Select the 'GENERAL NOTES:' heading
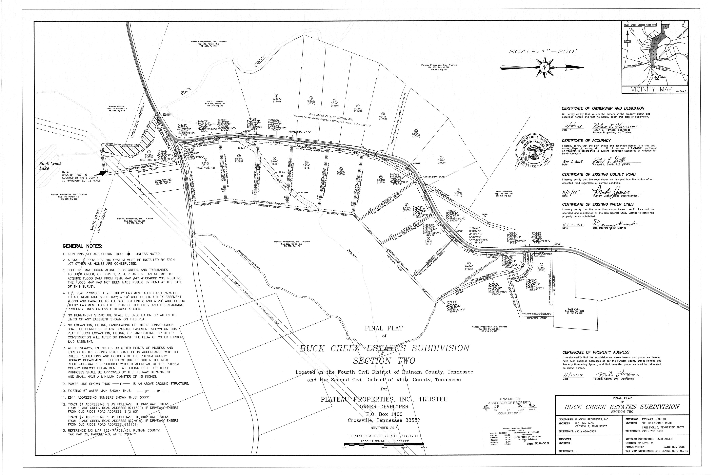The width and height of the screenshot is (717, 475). tap(82, 246)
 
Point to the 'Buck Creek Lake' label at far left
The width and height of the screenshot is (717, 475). tap(50, 166)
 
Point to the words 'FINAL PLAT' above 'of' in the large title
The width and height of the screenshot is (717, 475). tap(384, 328)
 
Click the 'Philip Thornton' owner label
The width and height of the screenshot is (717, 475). tap(504, 191)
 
